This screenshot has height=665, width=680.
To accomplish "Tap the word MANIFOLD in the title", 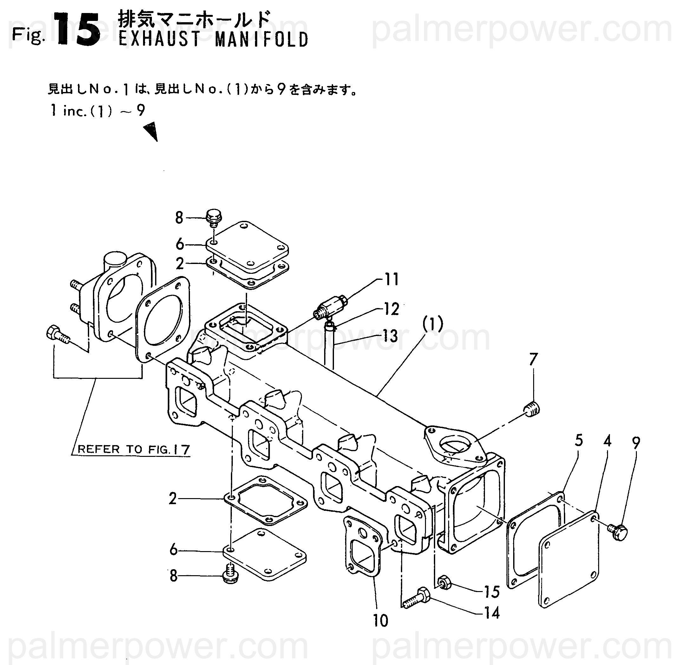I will [x=261, y=39].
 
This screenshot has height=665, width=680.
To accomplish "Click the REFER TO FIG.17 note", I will [x=133, y=449].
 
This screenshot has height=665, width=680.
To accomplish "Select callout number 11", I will [x=391, y=280].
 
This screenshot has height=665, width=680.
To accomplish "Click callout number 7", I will [x=533, y=359].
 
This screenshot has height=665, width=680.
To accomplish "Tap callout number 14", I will [x=492, y=613].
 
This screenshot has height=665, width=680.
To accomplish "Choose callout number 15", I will [x=492, y=592].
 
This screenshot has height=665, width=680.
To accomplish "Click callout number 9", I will [x=636, y=443].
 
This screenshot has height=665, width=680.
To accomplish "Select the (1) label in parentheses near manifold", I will [x=433, y=325].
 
